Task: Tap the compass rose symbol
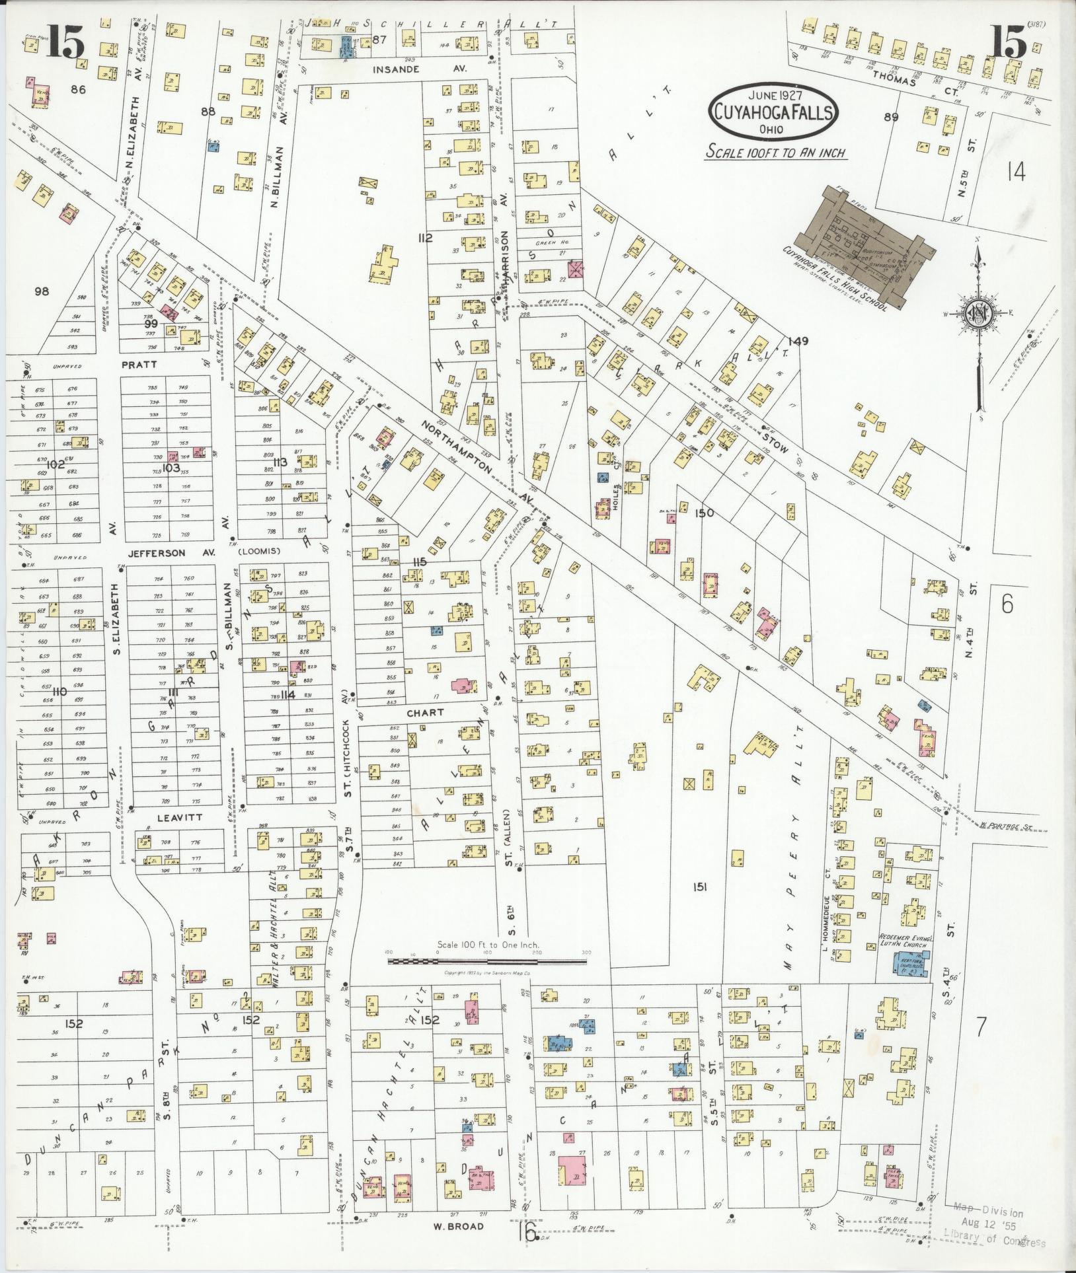coord(978,312)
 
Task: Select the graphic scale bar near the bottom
coord(487,961)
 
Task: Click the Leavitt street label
coord(169,817)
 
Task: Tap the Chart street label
coord(425,713)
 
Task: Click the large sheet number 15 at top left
coord(66,45)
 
